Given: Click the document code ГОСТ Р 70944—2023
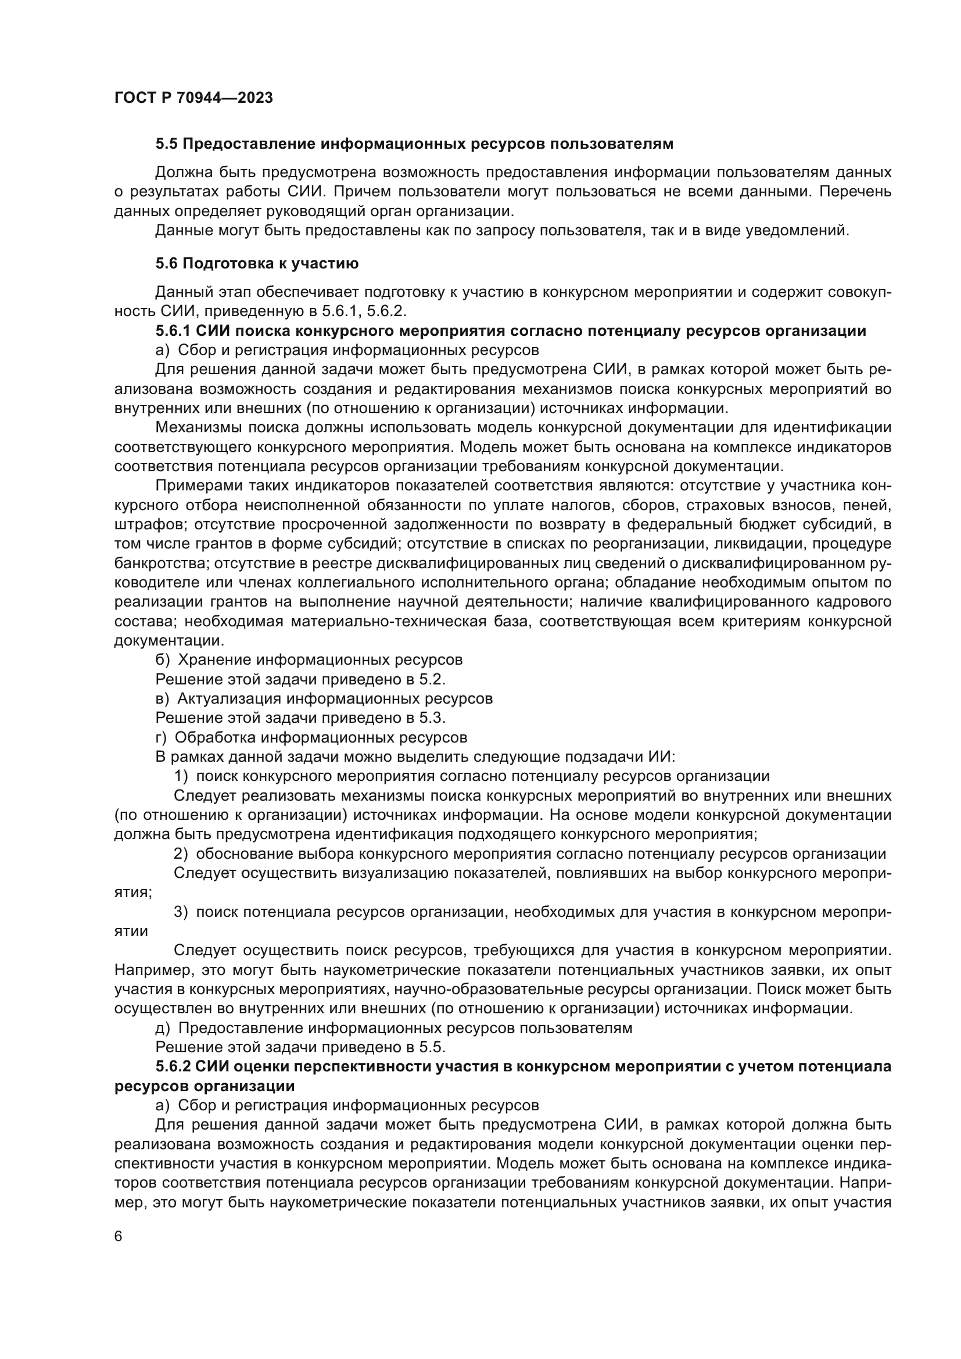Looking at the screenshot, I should click(x=193, y=98).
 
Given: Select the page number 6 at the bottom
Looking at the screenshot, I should click(x=119, y=1237).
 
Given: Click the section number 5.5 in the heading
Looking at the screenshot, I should click(x=166, y=144).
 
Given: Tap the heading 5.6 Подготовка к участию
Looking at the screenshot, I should click(x=257, y=263).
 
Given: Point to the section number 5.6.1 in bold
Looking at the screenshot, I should click(x=173, y=331).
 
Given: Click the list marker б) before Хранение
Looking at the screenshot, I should click(x=162, y=660).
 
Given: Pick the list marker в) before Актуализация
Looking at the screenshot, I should click(x=162, y=699).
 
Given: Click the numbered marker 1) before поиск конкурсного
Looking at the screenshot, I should click(x=181, y=777).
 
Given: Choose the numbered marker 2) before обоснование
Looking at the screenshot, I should click(x=181, y=854).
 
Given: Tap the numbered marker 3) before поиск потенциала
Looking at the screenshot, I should click(x=181, y=912).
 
